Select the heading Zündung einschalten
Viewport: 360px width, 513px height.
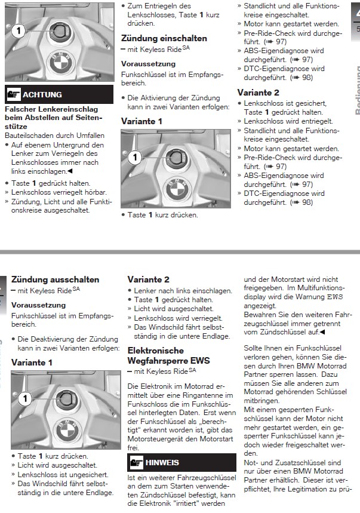point(164,38)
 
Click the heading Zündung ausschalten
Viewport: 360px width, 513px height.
point(55,279)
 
